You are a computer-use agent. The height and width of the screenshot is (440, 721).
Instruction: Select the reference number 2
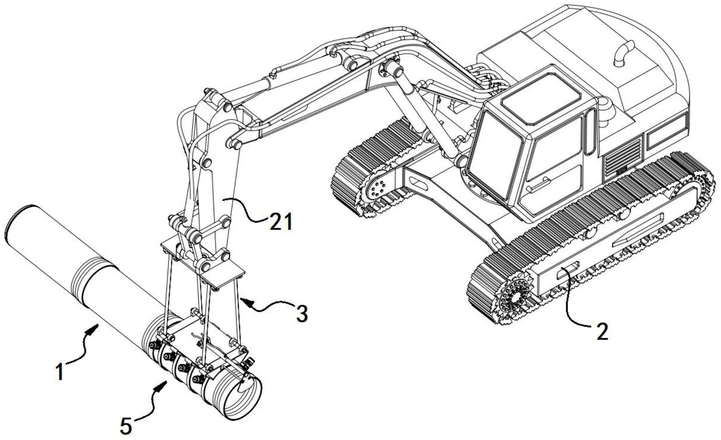pos(602,331)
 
